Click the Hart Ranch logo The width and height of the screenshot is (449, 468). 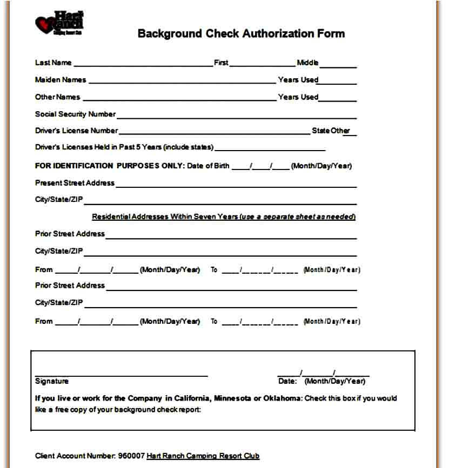[x=59, y=23]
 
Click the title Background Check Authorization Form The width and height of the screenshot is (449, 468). [x=241, y=33]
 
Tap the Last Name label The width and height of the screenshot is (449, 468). [x=53, y=63]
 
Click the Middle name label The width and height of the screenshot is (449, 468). [x=307, y=63]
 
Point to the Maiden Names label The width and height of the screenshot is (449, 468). [x=61, y=80]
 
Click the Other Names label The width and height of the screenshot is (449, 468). [x=57, y=97]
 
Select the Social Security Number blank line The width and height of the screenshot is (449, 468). [x=236, y=117]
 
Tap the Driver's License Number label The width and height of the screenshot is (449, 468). [x=76, y=131]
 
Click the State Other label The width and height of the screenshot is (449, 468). [x=331, y=131]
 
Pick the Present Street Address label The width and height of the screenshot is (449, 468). [x=75, y=183]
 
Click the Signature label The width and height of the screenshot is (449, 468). [x=52, y=381]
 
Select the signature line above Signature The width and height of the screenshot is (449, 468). [x=121, y=375]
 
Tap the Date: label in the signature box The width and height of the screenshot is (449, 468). [x=287, y=381]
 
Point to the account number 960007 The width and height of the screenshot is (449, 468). [x=131, y=456]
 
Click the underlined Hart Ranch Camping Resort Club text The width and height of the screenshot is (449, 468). [x=203, y=456]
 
